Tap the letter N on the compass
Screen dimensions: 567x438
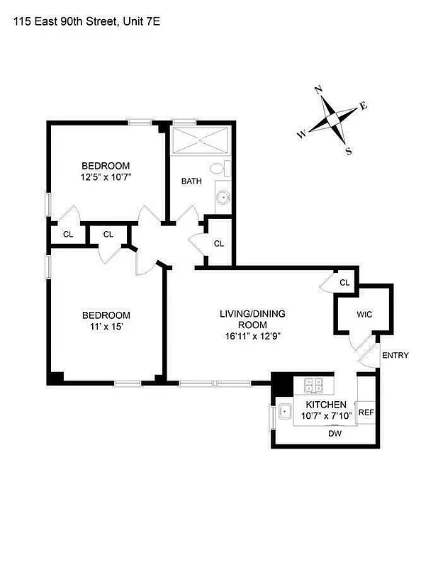319,89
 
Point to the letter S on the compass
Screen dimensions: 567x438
348,150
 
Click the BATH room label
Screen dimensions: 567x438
191,181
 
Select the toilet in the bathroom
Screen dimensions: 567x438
226,169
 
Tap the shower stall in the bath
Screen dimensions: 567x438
200,140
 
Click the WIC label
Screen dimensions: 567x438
364,314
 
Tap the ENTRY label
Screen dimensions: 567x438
395,356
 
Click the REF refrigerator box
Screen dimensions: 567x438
366,412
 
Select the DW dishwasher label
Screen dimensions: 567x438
335,434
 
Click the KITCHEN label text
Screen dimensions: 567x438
325,404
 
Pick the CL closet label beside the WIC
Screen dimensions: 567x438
344,283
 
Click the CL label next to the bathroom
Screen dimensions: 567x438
219,244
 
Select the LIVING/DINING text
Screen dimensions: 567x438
246,313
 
